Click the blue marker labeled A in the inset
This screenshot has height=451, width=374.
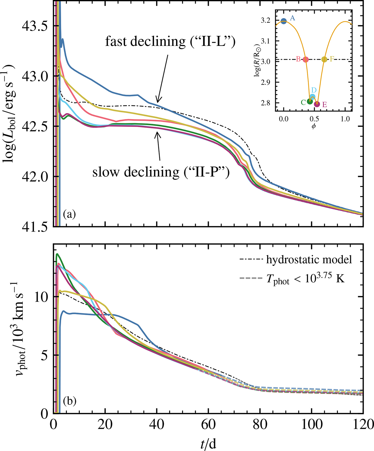point(284,21)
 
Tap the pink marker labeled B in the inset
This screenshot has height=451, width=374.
point(305,60)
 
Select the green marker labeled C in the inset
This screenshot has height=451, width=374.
point(310,101)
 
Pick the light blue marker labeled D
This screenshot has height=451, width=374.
point(312,97)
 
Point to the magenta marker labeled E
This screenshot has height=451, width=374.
point(317,104)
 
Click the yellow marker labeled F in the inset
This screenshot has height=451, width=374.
point(324,60)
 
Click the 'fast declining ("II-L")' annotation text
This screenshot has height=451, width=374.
point(170,41)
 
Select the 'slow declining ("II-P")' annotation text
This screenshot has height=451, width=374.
point(161,172)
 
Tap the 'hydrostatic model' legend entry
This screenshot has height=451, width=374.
point(309,260)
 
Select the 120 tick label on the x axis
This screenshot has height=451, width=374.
point(362,425)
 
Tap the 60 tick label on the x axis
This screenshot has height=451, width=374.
point(208,425)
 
